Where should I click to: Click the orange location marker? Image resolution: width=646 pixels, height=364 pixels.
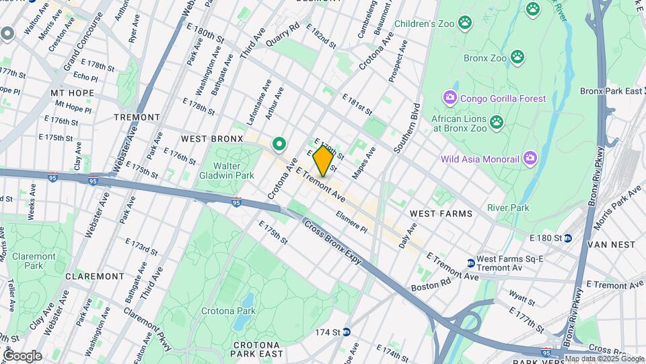323,161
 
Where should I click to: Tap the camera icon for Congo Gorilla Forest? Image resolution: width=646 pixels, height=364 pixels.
450,98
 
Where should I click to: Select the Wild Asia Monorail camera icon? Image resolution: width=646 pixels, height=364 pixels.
530,158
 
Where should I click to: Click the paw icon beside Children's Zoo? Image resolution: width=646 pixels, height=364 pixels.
465,24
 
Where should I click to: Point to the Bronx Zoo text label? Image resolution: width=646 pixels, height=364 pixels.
485,58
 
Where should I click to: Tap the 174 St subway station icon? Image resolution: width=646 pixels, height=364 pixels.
347,332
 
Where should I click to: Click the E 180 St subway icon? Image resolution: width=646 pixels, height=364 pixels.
568,237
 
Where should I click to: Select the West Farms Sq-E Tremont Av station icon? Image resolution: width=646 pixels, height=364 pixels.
470,262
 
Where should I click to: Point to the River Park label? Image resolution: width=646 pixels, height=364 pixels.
508,208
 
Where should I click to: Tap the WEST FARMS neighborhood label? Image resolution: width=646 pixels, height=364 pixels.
441,213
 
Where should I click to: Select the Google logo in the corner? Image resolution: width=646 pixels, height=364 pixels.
22,355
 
